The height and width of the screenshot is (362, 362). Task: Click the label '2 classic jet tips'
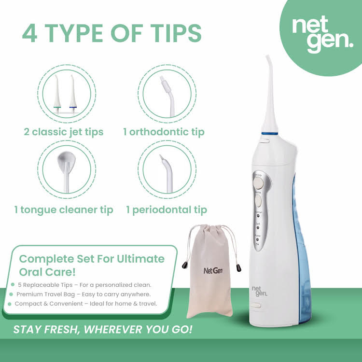click(64, 132)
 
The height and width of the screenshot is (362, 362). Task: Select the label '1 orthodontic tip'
click(165, 132)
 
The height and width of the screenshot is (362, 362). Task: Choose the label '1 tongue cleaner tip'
click(64, 209)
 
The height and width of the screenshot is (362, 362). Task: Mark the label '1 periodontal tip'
click(167, 209)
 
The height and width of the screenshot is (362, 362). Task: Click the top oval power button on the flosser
click(258, 183)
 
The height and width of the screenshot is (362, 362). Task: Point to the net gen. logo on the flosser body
click(259, 290)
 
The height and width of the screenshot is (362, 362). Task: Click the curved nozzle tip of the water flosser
click(266, 60)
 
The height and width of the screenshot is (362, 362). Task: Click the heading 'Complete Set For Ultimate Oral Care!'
click(91, 264)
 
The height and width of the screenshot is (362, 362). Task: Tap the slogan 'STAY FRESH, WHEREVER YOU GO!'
click(103, 330)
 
